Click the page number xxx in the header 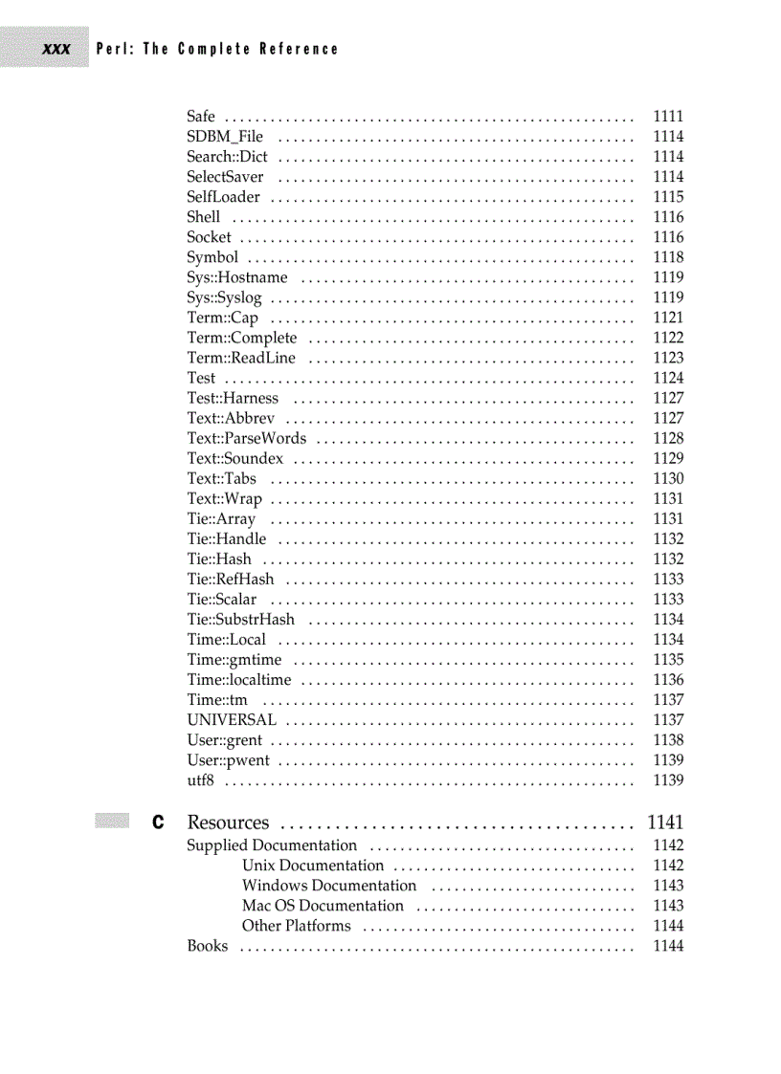point(56,49)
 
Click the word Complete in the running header point(212,49)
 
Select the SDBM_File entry point(225,137)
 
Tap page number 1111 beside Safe point(668,117)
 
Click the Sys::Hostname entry point(236,277)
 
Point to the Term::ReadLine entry point(241,358)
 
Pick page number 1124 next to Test point(668,378)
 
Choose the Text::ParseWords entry point(247,438)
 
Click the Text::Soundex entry point(234,458)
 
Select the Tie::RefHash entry point(230,579)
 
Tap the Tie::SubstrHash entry point(240,619)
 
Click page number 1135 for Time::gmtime point(668,659)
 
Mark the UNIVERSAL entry point(232,719)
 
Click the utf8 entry point(200,780)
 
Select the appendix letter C point(158,822)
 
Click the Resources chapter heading point(228,822)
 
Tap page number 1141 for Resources point(665,822)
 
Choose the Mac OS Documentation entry point(323,905)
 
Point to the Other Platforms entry point(296,925)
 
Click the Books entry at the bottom point(208,946)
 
